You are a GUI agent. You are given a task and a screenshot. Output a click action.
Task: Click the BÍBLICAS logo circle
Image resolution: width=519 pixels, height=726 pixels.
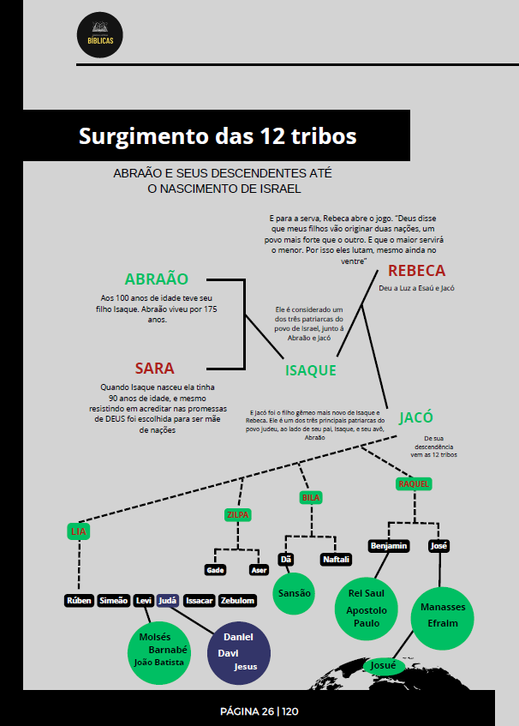coord(99,37)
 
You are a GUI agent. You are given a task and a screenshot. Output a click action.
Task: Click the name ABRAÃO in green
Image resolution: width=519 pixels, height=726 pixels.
coord(156,279)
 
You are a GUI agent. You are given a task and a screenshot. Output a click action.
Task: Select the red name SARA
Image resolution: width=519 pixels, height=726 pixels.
coord(154,369)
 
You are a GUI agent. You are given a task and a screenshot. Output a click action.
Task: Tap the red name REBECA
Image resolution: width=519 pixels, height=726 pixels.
coord(416,271)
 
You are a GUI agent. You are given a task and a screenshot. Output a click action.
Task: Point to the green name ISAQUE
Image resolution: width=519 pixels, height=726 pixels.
coord(310,370)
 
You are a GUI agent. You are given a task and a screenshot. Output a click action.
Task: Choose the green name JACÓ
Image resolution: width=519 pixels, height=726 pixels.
coord(415,418)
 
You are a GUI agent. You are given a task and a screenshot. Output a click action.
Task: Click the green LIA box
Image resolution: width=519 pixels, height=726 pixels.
coord(79,531)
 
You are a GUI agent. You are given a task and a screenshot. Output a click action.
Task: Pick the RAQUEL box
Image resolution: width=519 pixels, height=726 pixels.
coord(413,484)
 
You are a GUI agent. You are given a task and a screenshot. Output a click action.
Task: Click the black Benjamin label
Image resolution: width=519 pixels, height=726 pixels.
coord(388,546)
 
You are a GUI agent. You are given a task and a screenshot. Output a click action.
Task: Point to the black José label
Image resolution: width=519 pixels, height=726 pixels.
coord(438,546)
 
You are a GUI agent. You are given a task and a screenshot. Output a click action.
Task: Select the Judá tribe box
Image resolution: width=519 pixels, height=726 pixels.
coord(168,601)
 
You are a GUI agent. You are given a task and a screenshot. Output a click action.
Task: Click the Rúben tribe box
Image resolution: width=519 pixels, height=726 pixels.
coord(79,601)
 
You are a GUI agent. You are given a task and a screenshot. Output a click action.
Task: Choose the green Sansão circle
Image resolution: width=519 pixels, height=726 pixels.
coord(294,592)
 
